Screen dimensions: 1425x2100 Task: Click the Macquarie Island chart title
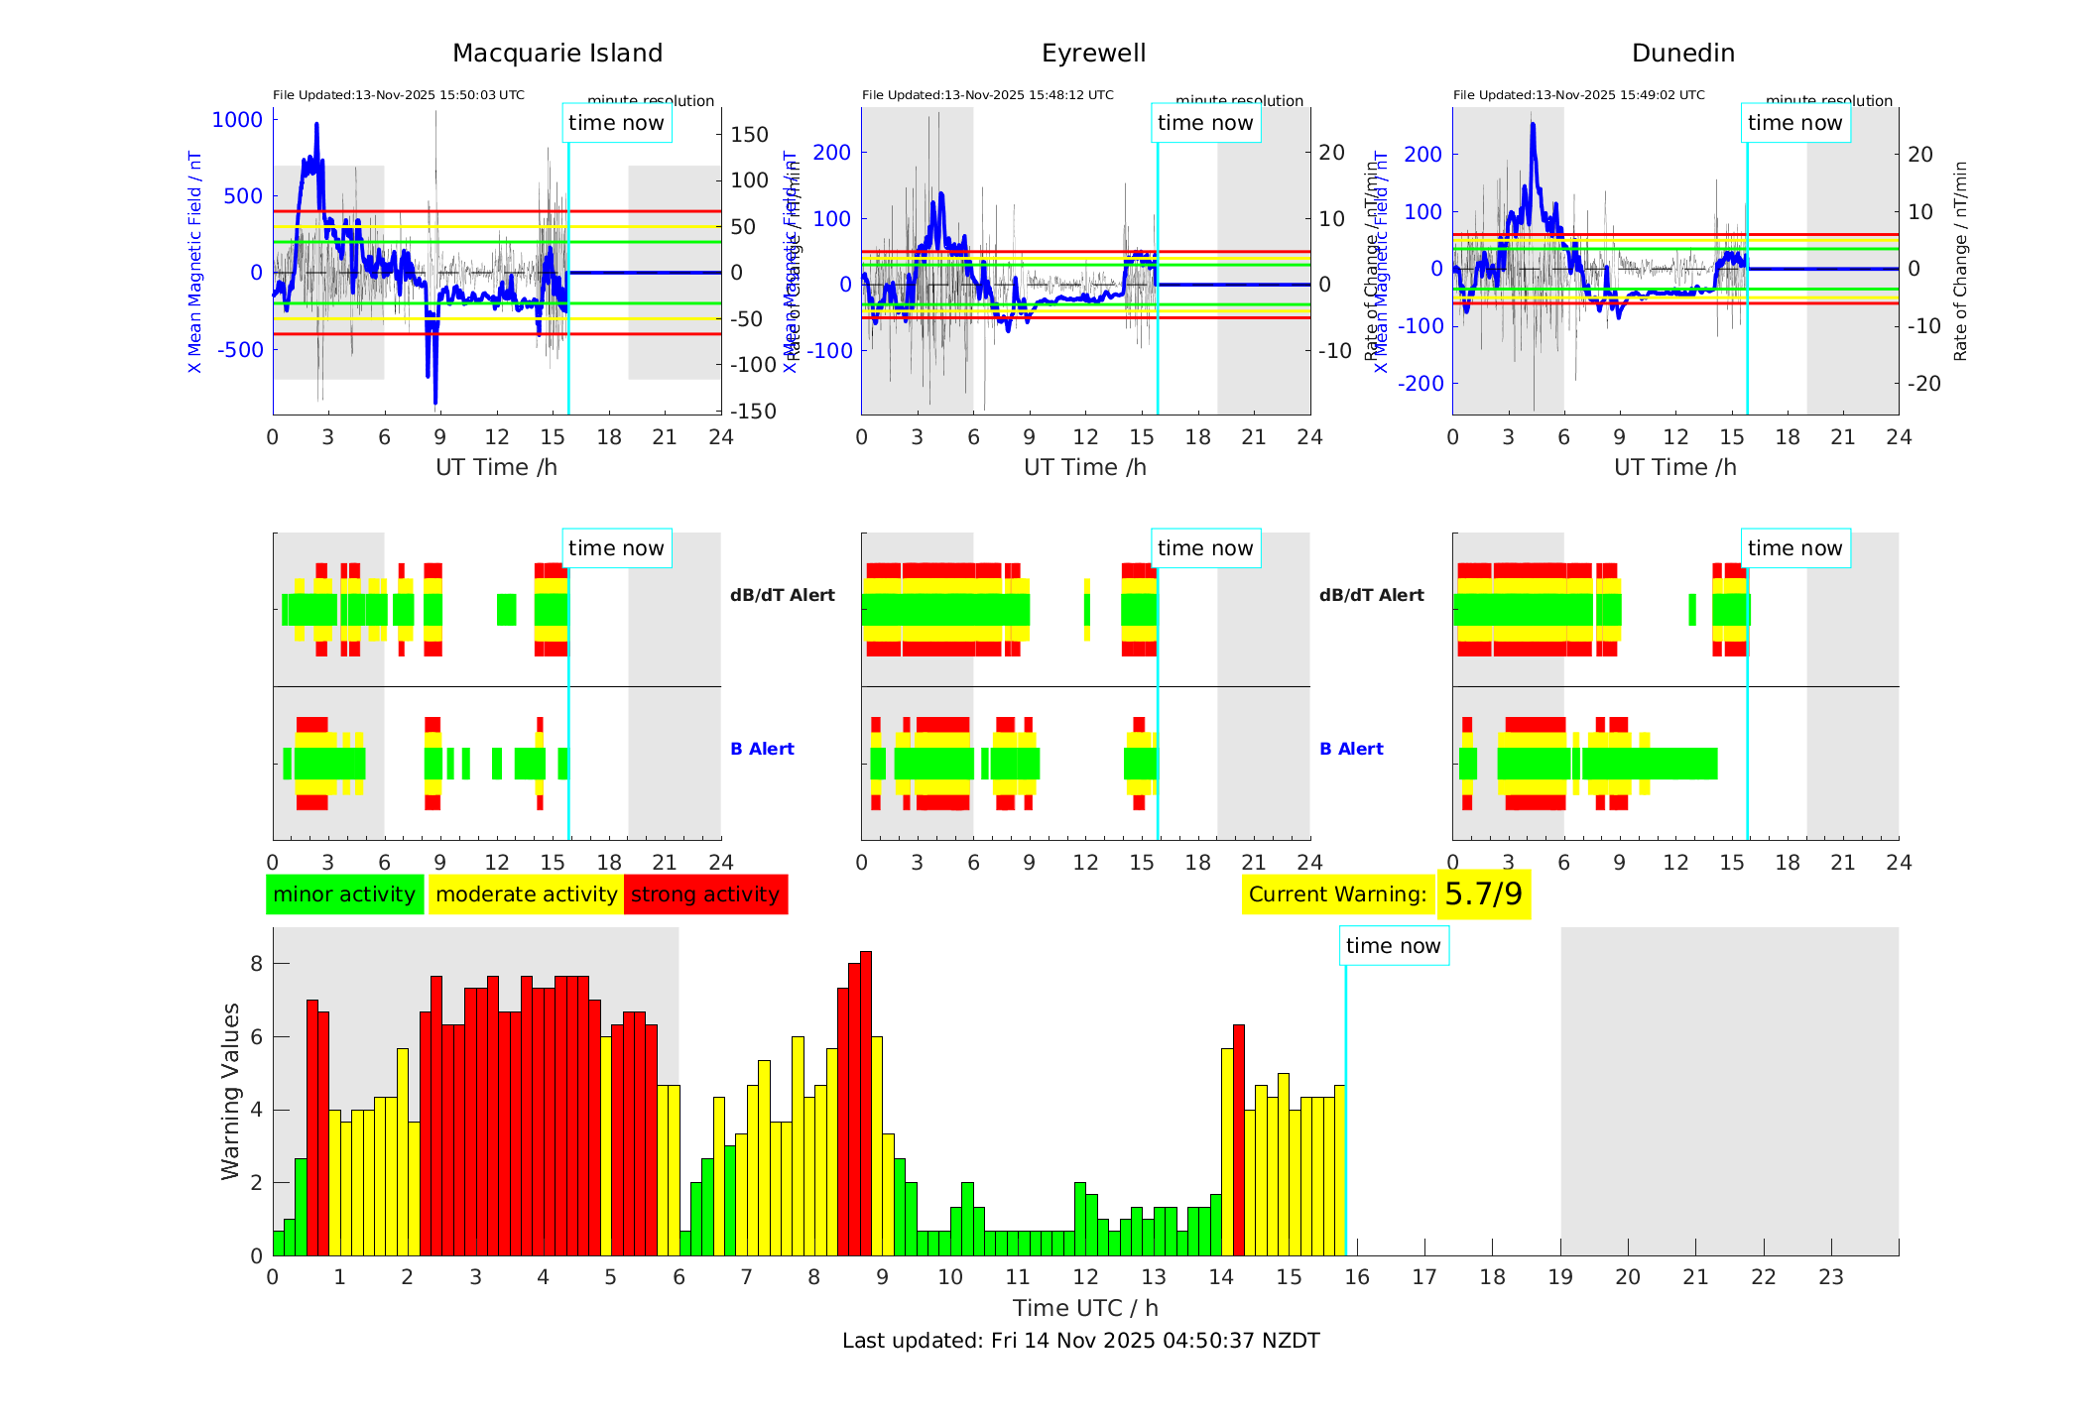556,54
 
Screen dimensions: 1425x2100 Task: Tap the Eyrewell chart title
1093,54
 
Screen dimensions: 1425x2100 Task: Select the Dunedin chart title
1682,54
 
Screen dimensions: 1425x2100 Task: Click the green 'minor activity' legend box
344,894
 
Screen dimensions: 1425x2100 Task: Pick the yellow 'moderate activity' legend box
526,894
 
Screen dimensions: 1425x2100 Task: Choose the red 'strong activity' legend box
705,894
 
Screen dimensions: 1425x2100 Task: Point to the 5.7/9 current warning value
1483,894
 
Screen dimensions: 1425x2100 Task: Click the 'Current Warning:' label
1337,894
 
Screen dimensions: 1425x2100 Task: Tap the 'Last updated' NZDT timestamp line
1080,1341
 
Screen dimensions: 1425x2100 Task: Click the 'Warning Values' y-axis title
230,1091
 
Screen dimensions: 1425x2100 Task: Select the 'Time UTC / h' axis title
1085,1308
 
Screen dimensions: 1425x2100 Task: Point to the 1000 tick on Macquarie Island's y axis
237,120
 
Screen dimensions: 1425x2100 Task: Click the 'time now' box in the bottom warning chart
1393,946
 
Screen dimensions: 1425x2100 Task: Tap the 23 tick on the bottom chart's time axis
1830,1277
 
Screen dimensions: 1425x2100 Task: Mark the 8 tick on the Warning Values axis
256,964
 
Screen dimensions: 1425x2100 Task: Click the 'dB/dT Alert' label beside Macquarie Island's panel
782,595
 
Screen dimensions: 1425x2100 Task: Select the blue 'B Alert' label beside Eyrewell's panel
1351,749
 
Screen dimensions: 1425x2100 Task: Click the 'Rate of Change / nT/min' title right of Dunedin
1960,261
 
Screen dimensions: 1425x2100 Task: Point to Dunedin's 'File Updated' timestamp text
1578,95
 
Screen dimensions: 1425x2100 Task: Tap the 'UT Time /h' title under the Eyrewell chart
1085,467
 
